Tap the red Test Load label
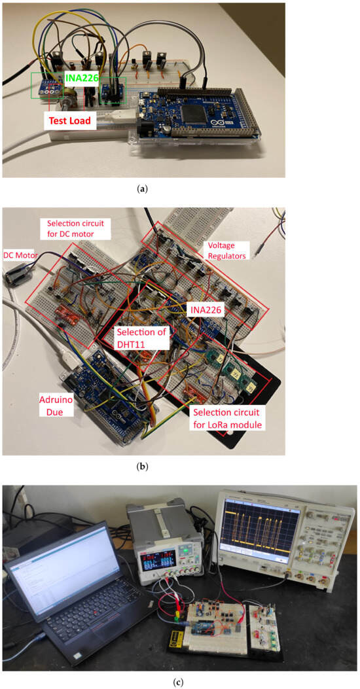click(x=70, y=120)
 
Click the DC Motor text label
click(x=20, y=255)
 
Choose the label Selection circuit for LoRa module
click(x=228, y=419)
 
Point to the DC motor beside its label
click(x=17, y=275)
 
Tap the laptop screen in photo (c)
click(x=62, y=563)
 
